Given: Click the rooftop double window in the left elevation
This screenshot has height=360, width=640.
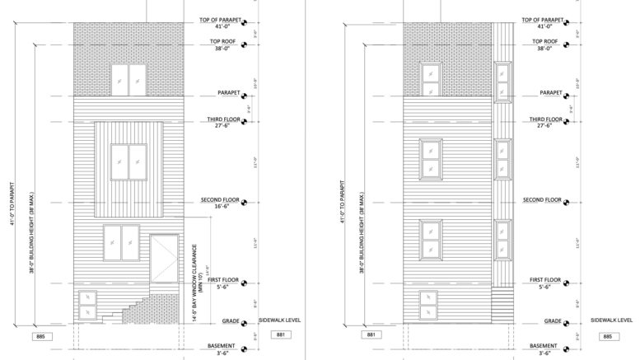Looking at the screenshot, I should click(x=129, y=80).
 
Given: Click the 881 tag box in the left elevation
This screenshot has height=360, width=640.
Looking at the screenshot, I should click(x=280, y=335).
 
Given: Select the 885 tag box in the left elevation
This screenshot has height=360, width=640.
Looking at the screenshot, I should click(x=40, y=337).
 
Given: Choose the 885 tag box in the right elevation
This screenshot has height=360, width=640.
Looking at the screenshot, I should click(x=608, y=336).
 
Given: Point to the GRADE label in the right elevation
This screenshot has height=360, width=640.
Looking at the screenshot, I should click(x=553, y=320).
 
